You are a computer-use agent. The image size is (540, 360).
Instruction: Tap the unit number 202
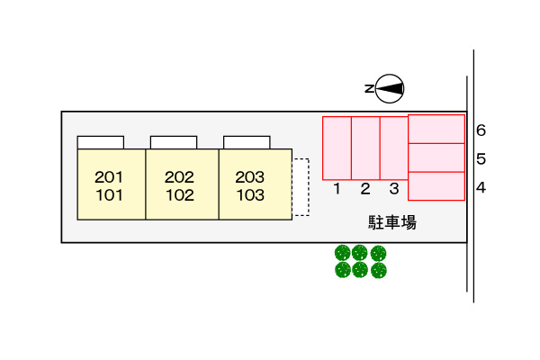(x=180, y=177)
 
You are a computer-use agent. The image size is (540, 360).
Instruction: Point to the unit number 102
(x=180, y=193)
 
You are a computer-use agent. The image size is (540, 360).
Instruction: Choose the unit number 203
(x=250, y=177)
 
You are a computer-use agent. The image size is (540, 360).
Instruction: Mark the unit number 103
(x=250, y=193)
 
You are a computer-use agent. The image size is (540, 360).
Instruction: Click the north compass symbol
(x=389, y=87)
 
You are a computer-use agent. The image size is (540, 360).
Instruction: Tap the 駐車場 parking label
(x=391, y=222)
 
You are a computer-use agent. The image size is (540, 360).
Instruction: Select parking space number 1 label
(x=337, y=189)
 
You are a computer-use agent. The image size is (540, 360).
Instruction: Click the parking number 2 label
(x=365, y=189)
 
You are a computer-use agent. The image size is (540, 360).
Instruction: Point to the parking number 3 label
(x=394, y=189)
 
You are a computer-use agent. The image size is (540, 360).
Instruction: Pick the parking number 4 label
(x=481, y=187)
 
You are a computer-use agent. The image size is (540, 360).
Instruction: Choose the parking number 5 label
(x=481, y=159)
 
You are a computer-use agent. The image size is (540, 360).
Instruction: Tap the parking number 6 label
(x=481, y=130)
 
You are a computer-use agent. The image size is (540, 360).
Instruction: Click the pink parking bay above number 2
(x=365, y=148)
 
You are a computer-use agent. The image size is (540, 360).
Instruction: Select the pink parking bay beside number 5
(x=436, y=157)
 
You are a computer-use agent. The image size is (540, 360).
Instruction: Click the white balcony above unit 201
(x=101, y=142)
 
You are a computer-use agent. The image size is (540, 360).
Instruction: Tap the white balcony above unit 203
(x=247, y=142)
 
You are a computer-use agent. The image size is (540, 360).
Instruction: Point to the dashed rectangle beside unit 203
(x=301, y=187)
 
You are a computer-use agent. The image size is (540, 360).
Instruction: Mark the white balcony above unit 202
(x=174, y=142)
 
